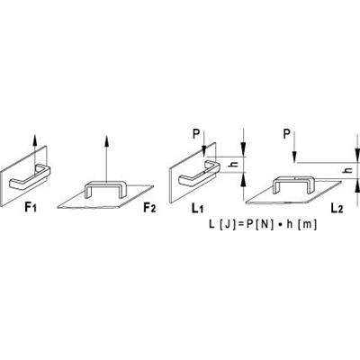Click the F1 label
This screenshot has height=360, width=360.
(x=31, y=207)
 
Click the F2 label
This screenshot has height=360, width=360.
(x=149, y=207)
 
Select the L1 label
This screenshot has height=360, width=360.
(x=197, y=207)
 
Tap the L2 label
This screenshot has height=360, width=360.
(x=337, y=208)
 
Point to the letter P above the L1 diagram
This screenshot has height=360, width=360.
(x=196, y=134)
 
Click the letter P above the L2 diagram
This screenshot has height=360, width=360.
(x=287, y=134)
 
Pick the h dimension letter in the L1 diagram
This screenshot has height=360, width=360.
(x=236, y=165)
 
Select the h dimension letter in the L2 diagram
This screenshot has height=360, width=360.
(x=348, y=170)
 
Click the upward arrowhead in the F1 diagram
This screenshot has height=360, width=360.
(x=35, y=140)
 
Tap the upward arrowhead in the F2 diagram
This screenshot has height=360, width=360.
(x=106, y=140)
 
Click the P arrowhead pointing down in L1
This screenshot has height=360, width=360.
(x=204, y=150)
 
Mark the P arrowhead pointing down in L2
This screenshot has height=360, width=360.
(x=295, y=157)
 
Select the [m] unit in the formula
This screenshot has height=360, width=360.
(x=306, y=224)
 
